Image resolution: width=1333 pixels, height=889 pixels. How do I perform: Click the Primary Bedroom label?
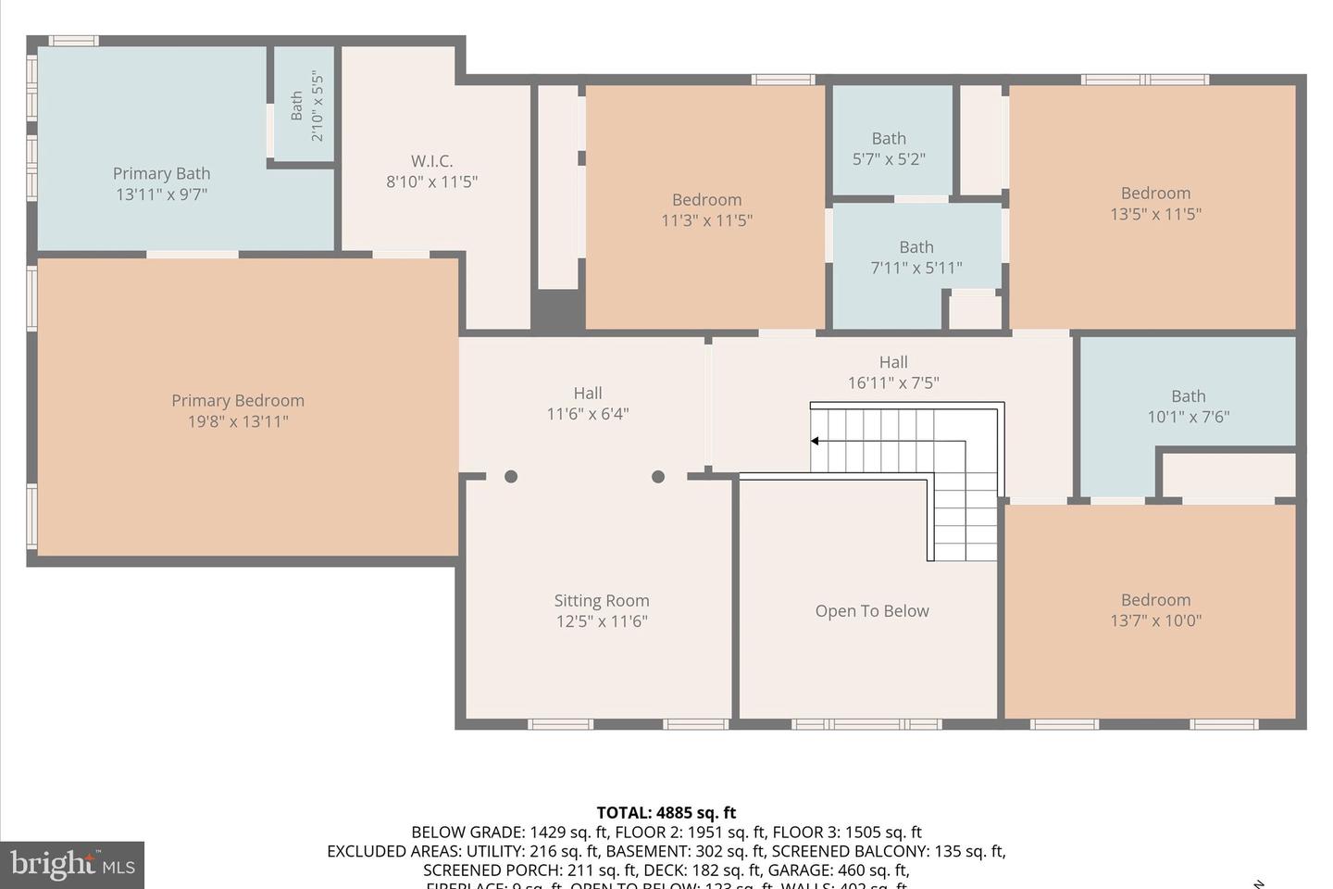[x=238, y=401]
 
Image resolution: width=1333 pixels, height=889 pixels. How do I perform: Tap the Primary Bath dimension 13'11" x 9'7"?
[x=161, y=194]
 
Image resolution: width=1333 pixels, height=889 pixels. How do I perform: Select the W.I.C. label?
[x=431, y=161]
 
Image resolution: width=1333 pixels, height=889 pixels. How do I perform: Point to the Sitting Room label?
[x=602, y=601]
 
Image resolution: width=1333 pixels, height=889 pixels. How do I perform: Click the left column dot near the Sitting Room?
[x=511, y=477]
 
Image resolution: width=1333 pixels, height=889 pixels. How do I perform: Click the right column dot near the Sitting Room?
[x=658, y=477]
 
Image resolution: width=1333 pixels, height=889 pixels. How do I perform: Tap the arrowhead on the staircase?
[x=815, y=441]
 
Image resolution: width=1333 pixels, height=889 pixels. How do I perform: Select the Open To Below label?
[x=872, y=611]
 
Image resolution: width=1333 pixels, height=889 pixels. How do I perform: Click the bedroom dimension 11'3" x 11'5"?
[x=706, y=220]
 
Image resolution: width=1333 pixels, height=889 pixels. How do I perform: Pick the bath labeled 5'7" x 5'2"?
[x=889, y=148]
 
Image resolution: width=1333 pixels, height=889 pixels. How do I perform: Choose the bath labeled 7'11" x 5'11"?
[x=916, y=257]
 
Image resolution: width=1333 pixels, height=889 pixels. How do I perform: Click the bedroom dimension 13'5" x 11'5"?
[x=1155, y=214]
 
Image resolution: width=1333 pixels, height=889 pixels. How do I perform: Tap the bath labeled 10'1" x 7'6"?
[x=1189, y=407]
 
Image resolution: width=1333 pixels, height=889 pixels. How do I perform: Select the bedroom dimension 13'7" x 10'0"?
[x=1155, y=620]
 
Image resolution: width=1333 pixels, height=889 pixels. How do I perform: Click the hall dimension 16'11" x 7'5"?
[x=893, y=382]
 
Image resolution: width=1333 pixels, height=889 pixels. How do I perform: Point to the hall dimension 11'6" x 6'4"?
[x=588, y=414]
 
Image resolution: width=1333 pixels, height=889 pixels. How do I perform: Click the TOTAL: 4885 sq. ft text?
[x=666, y=813]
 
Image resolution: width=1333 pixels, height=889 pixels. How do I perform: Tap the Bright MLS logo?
[x=72, y=865]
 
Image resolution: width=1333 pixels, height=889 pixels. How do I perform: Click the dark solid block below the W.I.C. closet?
[x=557, y=310]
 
